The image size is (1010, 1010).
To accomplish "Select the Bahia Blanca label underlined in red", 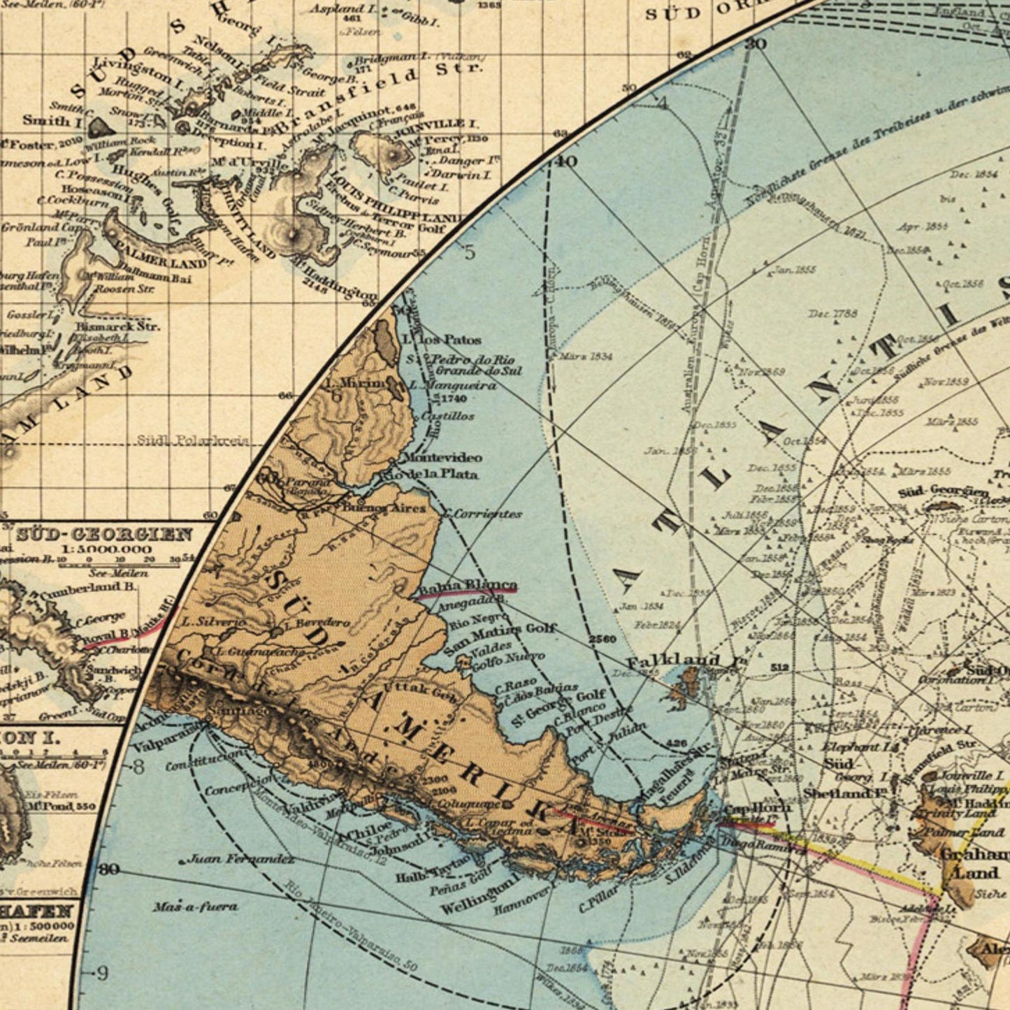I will click(x=468, y=586).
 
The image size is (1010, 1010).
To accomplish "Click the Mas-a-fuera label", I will click(x=195, y=907).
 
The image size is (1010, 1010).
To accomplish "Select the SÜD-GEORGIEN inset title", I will click(x=104, y=535).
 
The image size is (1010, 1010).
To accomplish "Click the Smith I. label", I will click(x=52, y=120).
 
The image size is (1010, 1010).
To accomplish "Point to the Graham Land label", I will click(x=976, y=863).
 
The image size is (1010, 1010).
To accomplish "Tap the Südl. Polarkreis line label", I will click(x=192, y=440).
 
